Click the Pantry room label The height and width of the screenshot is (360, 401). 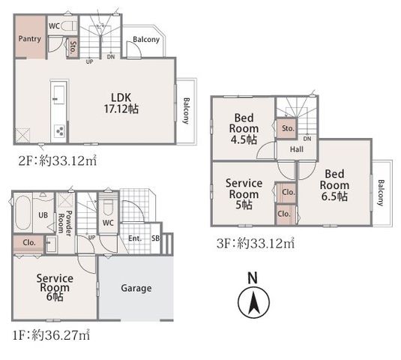[x=30, y=39]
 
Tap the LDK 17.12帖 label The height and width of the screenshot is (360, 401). [x=121, y=103]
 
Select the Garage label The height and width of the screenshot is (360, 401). [x=136, y=288]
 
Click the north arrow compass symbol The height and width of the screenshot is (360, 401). [x=253, y=302]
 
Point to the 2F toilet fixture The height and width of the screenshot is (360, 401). [x=69, y=25]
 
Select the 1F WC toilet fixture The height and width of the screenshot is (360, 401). [x=108, y=208]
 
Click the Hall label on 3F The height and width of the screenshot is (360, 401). [x=297, y=149]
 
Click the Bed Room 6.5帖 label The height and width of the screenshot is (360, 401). [x=334, y=185]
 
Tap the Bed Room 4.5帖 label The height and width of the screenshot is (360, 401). [x=244, y=129]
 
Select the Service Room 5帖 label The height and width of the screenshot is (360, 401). [x=244, y=194]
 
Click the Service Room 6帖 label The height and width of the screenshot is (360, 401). [x=55, y=287]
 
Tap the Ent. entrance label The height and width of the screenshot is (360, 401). [x=135, y=238]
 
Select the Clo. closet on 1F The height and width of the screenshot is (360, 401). [x=28, y=242]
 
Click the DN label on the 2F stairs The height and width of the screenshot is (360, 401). [x=111, y=57]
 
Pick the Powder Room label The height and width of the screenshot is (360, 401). [x=65, y=221]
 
